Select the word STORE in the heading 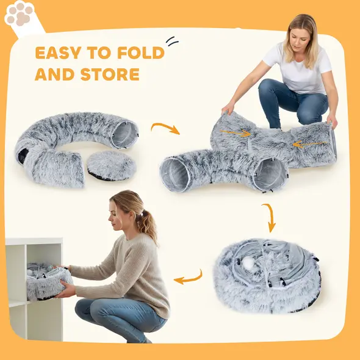click(x=110, y=75)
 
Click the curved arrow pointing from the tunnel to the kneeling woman click(x=165, y=128)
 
